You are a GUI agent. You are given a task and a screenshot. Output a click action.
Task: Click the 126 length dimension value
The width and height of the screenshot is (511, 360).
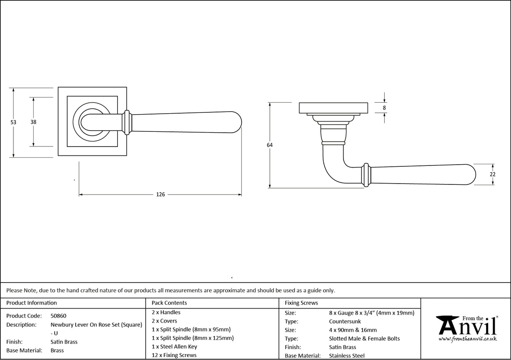point(160,195)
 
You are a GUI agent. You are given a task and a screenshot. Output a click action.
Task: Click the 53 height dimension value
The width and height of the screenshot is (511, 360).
point(13,122)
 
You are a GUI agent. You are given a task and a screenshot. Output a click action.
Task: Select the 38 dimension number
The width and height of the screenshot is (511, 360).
point(33,122)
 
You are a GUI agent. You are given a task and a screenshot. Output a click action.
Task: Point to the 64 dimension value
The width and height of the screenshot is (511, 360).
point(269,145)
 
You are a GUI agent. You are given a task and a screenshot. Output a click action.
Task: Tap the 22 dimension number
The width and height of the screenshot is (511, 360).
point(493,174)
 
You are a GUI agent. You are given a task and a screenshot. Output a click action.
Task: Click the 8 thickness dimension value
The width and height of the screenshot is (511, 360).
point(384,108)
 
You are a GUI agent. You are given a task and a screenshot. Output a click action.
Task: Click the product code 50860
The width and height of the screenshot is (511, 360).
point(58,316)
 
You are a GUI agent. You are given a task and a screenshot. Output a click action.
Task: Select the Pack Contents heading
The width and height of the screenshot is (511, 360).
point(169,303)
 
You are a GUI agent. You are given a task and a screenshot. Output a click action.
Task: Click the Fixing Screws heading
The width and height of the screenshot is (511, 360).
point(301,303)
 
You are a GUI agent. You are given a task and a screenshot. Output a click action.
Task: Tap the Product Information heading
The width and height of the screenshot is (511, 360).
point(32,303)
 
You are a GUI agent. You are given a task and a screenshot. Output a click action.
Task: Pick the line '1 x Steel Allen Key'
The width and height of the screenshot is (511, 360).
point(174,347)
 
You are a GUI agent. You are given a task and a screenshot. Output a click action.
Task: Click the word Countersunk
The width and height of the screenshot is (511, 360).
point(345,321)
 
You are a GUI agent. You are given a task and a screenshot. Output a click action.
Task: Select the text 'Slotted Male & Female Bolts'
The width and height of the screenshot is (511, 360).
point(364,339)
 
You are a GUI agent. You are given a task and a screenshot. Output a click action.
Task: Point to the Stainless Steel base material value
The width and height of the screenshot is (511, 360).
point(347,356)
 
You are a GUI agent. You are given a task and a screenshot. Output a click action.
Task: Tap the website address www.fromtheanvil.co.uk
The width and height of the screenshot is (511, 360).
point(467,339)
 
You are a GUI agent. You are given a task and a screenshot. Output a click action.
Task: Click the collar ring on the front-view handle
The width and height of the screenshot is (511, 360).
point(127,123)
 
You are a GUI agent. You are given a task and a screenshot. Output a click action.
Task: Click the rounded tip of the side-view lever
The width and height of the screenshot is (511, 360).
point(471,174)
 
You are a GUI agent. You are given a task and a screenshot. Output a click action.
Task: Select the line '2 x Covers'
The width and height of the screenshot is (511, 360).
point(165,321)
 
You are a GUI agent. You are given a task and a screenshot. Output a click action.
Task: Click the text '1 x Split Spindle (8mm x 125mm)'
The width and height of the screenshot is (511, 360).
point(192,338)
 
